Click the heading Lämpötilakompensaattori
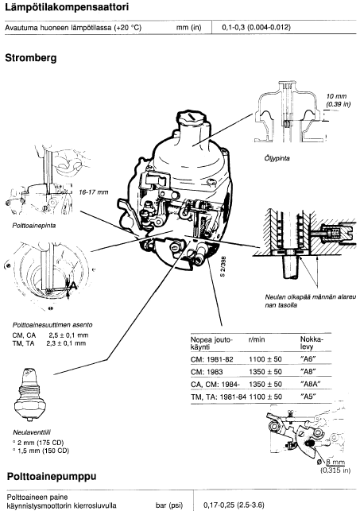coord(67,7)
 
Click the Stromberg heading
coord(31,58)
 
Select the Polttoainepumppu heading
coord(52,477)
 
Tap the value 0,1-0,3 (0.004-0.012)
coord(256,27)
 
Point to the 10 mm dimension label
coord(336,96)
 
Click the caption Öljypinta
coord(277,158)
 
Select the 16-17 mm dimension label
coord(94,192)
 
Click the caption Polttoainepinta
coord(34,226)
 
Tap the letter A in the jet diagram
coord(74,285)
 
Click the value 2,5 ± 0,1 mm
coord(69,335)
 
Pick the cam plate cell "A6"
coord(308,359)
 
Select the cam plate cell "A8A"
coord(310,384)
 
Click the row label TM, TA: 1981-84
coord(219,397)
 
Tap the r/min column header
coord(257,339)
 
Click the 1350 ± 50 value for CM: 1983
coord(265,372)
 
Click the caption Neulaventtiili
coord(32,432)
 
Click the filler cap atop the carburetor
coord(192,118)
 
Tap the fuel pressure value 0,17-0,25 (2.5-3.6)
coord(234,505)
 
